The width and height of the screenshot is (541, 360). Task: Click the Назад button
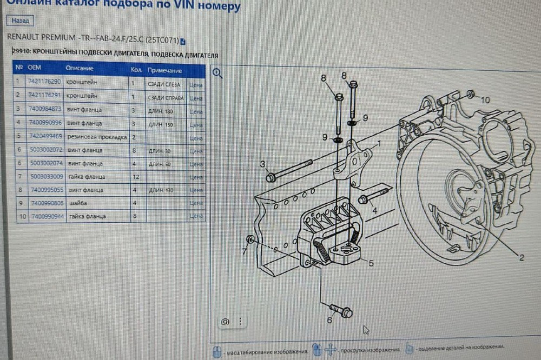click(20, 21)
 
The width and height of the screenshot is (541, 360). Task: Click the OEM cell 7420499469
click(46, 136)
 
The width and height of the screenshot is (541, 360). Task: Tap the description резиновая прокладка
click(96, 137)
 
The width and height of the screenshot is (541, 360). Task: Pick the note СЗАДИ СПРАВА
click(166, 98)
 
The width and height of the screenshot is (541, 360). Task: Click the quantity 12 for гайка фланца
click(135, 177)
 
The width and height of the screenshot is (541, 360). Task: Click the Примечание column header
click(164, 71)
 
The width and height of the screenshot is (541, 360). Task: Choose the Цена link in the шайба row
click(196, 204)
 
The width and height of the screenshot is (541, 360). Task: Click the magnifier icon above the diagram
click(217, 74)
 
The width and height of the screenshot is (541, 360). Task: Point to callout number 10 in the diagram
click(485, 100)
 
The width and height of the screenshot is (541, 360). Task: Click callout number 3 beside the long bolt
click(262, 164)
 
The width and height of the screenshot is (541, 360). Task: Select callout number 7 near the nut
click(245, 251)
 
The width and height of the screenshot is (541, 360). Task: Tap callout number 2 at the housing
click(521, 258)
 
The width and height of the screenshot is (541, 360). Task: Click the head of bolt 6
click(346, 312)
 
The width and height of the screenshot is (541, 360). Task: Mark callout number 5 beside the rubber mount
click(371, 263)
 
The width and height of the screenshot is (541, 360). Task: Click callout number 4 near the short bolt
click(374, 211)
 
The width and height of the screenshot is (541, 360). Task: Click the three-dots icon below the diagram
click(240, 322)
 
